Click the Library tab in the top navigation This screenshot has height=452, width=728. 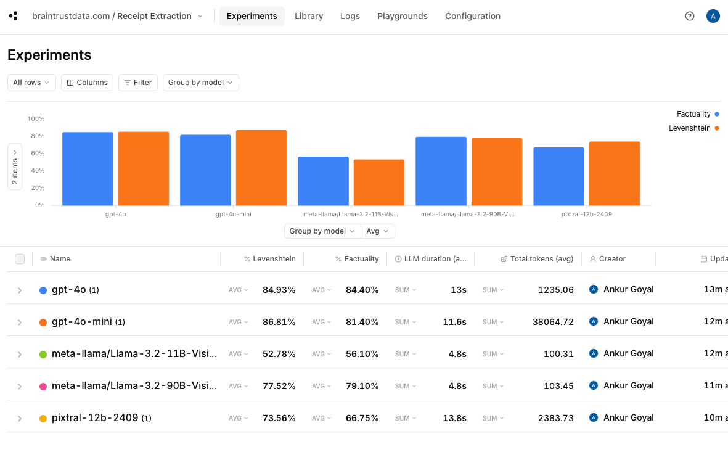309,16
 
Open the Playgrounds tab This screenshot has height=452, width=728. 403,16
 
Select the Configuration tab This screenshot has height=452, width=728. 473,16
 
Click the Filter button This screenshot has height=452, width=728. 138,83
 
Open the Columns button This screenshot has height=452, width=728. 87,83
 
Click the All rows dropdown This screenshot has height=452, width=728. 31,83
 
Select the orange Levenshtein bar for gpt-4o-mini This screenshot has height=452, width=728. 261,168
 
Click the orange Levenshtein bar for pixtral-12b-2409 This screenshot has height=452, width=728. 615,173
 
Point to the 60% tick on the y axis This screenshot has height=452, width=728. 36,153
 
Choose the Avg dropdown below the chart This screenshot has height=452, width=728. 377,231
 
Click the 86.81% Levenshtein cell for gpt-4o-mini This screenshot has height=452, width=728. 279,322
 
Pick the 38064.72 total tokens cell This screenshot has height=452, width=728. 553,322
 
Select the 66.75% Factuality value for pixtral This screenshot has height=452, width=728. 362,418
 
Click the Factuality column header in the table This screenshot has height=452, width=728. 361,259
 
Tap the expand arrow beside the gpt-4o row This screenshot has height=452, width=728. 20,290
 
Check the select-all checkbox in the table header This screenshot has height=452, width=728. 20,259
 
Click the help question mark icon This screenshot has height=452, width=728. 690,16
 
